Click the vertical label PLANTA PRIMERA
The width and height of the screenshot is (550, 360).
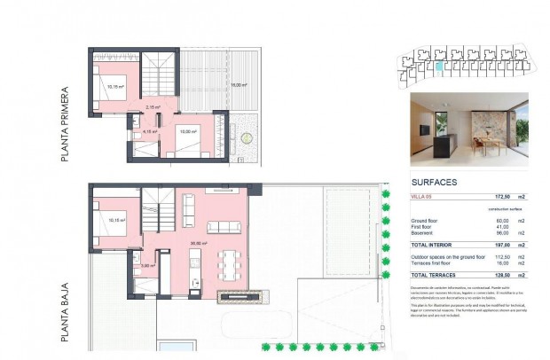pyautogui.click(x=66, y=124)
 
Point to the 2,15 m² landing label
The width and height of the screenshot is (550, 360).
pyautogui.click(x=152, y=107)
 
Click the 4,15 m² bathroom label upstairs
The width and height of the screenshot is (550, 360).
pyautogui.click(x=149, y=131)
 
